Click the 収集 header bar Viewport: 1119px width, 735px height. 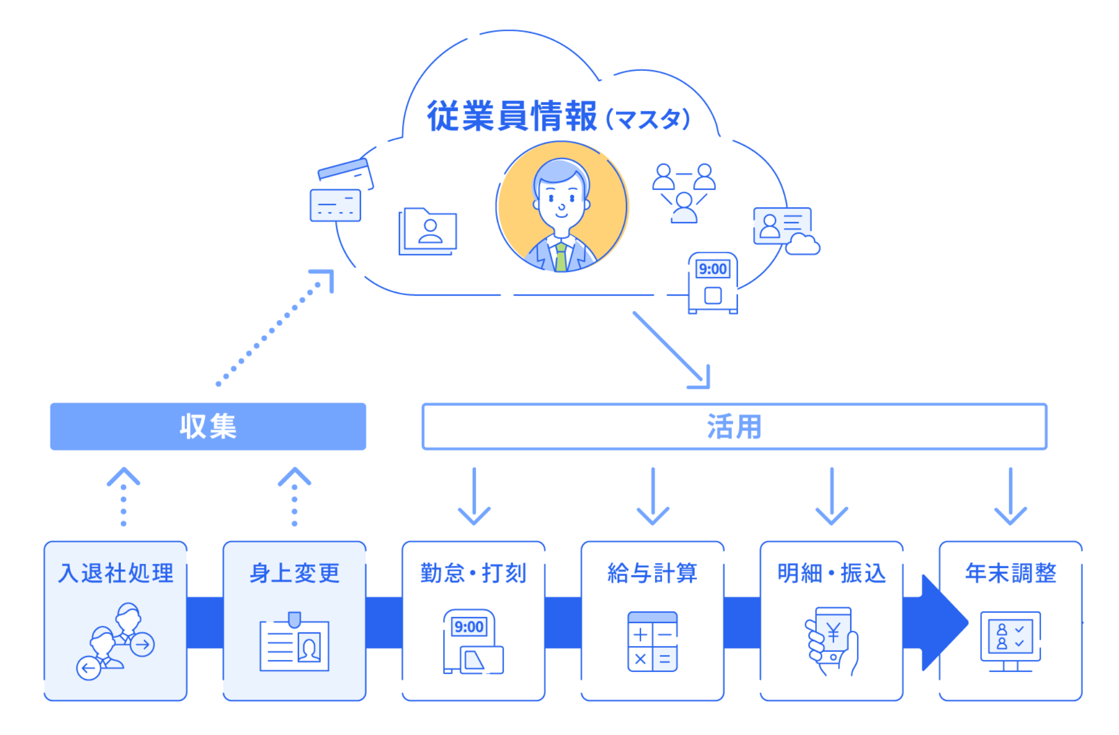click(208, 426)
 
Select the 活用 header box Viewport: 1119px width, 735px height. click(734, 426)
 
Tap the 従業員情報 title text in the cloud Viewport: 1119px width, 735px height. click(511, 116)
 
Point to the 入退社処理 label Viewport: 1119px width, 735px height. click(116, 573)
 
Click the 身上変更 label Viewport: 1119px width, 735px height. click(295, 573)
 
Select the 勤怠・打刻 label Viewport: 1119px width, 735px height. click(473, 573)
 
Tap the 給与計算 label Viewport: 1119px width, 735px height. click(652, 573)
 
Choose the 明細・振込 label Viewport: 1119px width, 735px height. click(832, 573)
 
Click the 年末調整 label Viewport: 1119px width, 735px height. click(1010, 573)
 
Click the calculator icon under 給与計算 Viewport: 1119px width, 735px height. click(652, 641)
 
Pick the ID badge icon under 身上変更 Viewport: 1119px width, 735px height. click(295, 642)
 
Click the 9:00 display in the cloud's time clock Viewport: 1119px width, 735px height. click(713, 269)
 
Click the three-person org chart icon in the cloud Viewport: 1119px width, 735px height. click(683, 193)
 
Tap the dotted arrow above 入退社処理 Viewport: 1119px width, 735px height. click(123, 496)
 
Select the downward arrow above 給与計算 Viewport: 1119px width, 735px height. click(652, 496)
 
